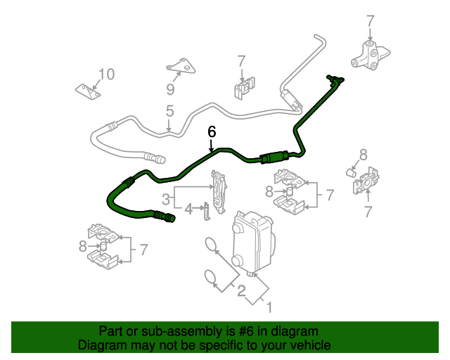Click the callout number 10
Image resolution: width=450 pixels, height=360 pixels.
point(105,74)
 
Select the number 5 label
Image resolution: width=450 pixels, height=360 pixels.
point(169,111)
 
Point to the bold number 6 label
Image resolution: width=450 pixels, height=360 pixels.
point(212,131)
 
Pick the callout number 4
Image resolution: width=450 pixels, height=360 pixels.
point(188,208)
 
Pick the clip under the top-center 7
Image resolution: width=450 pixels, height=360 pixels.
point(243,88)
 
